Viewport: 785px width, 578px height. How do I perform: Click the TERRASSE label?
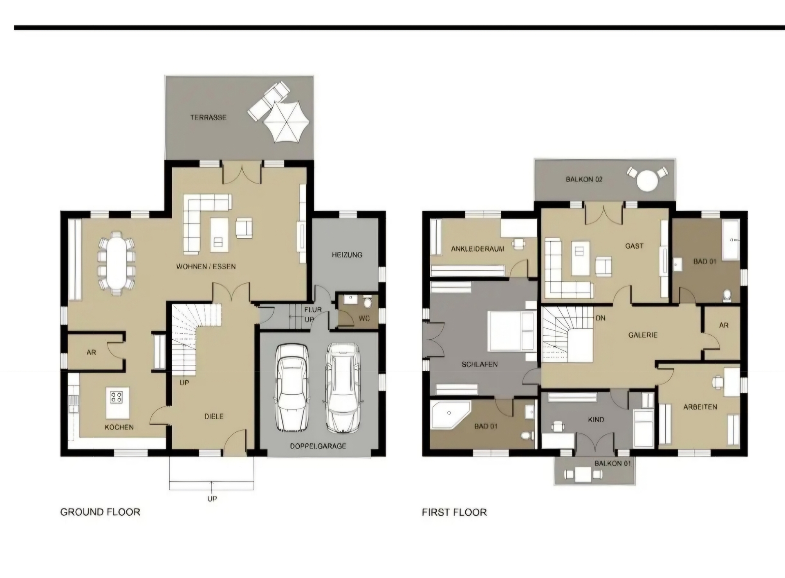coord(208,117)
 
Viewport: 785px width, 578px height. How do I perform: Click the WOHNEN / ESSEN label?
coord(206,266)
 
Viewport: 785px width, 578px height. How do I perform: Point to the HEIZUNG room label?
coord(347,255)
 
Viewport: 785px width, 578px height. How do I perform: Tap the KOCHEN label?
coord(119,427)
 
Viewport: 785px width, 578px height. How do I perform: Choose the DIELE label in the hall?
coord(214,416)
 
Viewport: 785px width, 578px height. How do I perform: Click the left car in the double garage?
coord(292,387)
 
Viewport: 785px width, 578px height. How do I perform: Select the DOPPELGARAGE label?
coord(318,446)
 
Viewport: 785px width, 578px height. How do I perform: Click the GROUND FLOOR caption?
coord(100,512)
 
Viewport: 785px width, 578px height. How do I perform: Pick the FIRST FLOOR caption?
coord(454,512)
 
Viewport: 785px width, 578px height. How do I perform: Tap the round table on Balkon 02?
coord(647,180)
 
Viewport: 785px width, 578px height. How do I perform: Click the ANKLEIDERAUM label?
coord(478,249)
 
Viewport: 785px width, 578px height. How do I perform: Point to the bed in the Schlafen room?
coord(512,331)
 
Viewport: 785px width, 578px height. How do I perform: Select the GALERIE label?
coord(643,335)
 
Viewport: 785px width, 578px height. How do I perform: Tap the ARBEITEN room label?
coord(700,407)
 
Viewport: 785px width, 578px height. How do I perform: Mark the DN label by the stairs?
coord(600,318)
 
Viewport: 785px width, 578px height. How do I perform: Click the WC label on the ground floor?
coord(364,318)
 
